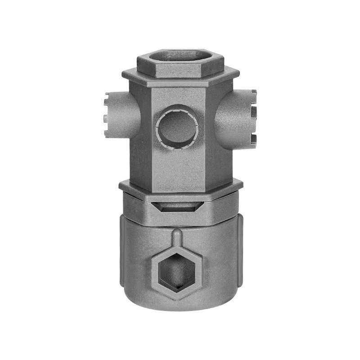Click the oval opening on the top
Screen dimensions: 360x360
tap(180, 57)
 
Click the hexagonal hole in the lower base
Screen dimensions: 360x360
tap(177, 272)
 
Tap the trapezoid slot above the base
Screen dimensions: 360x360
tap(178, 207)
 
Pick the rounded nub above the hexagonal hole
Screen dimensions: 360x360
tap(177, 235)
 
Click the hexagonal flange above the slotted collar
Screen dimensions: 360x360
tap(180, 185)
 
